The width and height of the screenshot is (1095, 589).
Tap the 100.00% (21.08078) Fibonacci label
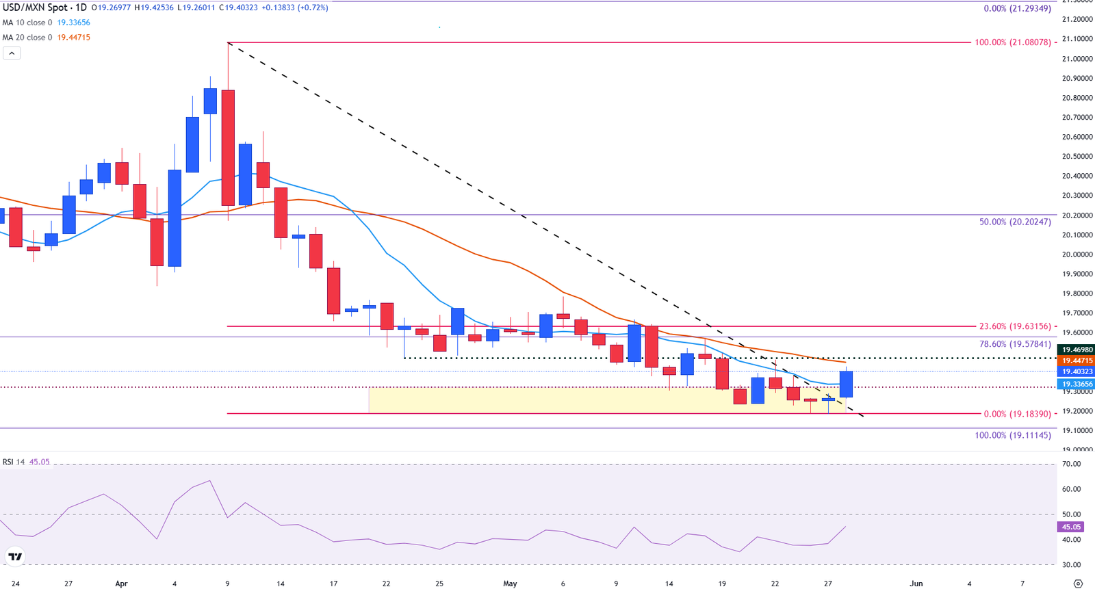point(1012,42)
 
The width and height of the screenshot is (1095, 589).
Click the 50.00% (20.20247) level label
point(1015,222)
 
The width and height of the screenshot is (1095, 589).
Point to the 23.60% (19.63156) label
point(1014,327)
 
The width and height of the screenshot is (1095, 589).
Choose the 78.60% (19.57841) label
point(1015,344)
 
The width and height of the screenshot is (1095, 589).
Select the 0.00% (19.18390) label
point(1016,415)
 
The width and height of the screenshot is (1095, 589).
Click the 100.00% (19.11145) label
point(1012,435)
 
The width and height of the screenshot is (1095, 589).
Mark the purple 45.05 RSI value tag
point(1071,527)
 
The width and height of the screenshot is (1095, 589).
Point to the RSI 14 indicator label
point(14,462)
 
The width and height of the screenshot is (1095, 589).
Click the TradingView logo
point(15,557)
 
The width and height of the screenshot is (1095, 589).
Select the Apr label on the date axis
point(121,584)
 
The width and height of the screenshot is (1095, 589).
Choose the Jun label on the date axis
point(916,584)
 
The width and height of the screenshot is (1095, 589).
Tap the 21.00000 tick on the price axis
point(1077,59)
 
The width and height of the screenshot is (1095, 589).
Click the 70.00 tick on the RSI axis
point(1071,464)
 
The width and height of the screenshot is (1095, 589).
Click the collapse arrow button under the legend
point(12,53)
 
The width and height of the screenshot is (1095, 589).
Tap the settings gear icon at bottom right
point(1078,584)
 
